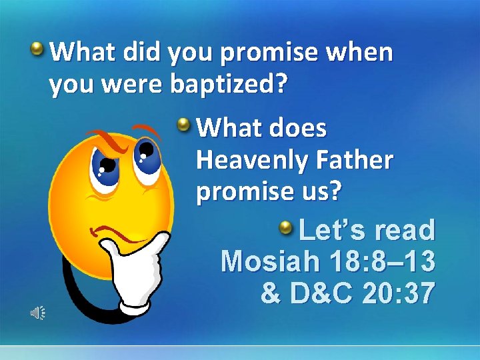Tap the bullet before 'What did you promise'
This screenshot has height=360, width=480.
pyautogui.click(x=39, y=49)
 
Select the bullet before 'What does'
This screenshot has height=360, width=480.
pyautogui.click(x=185, y=123)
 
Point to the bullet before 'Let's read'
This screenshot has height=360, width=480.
pyautogui.click(x=286, y=229)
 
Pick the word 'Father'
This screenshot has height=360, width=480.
pyautogui.click(x=361, y=160)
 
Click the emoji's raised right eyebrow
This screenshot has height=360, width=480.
pyautogui.click(x=145, y=128)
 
